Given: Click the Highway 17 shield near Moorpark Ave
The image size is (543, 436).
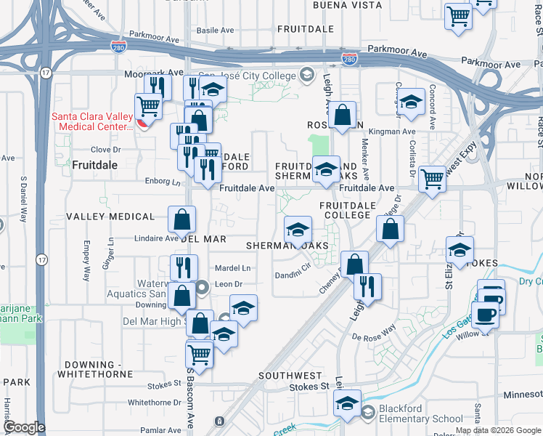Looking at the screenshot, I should click(x=46, y=73).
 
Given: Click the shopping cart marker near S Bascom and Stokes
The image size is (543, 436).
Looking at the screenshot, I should click(x=199, y=355).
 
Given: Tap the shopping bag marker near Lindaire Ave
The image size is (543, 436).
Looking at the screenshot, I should click(x=181, y=218).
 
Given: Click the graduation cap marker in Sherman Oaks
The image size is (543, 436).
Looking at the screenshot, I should click(x=297, y=230).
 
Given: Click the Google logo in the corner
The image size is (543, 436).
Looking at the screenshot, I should click(x=23, y=427).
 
